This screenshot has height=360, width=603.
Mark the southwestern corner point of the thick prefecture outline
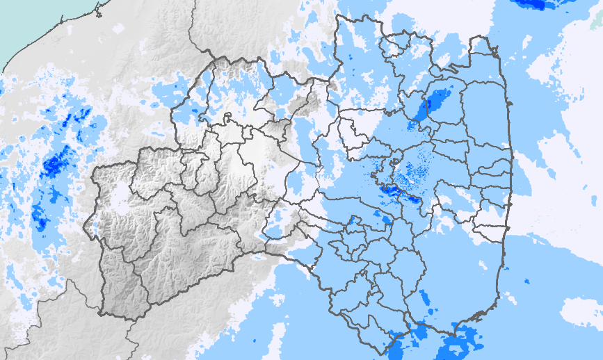[102, 313]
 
